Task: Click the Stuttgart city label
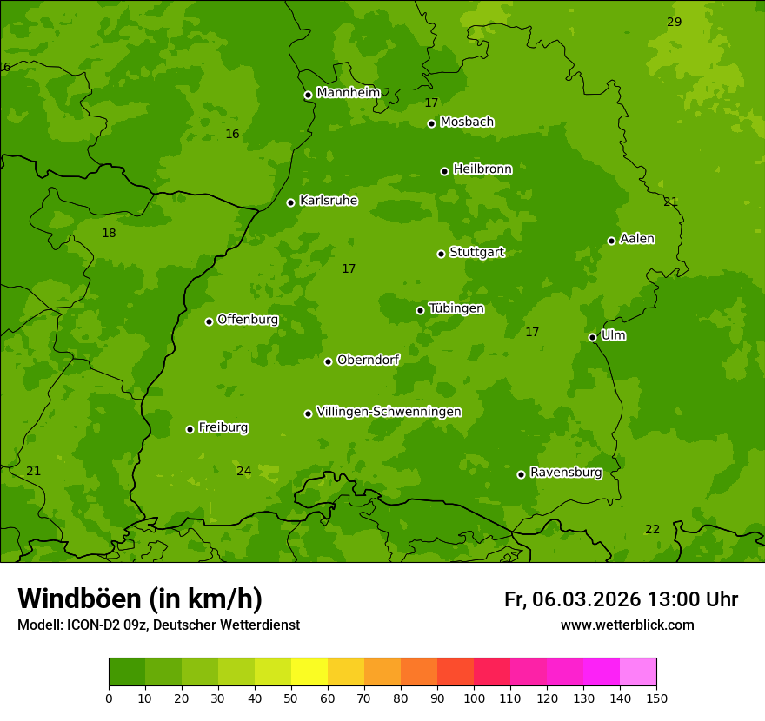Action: coord(476,253)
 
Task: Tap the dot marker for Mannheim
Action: coord(308,96)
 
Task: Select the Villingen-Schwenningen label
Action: coord(389,412)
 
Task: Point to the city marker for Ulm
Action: coord(592,337)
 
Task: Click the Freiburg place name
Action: coord(223,427)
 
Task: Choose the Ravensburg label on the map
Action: coord(565,473)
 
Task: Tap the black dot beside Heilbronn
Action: coord(444,171)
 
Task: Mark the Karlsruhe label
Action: coord(328,201)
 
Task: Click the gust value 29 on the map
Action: coord(674,22)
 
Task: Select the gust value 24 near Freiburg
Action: coord(243,471)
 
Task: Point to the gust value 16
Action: coord(232,134)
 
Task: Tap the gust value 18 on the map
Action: coord(109,233)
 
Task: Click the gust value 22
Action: coord(652,529)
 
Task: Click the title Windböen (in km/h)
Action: coord(140,599)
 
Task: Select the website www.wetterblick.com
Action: coord(627,625)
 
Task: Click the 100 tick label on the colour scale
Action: coord(474,698)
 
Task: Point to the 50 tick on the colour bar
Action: coord(291,698)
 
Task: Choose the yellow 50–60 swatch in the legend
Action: coord(309,672)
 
